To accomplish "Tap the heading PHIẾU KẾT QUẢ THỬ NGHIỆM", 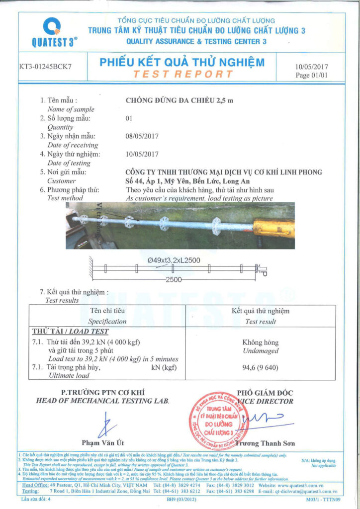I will tap(182, 63).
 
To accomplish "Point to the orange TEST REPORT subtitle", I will tap(183, 74).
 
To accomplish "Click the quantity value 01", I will tap(130, 118).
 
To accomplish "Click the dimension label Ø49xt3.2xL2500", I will tap(174, 259).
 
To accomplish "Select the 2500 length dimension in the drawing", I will tap(174, 280).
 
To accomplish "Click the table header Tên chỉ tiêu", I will tap(107, 311).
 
